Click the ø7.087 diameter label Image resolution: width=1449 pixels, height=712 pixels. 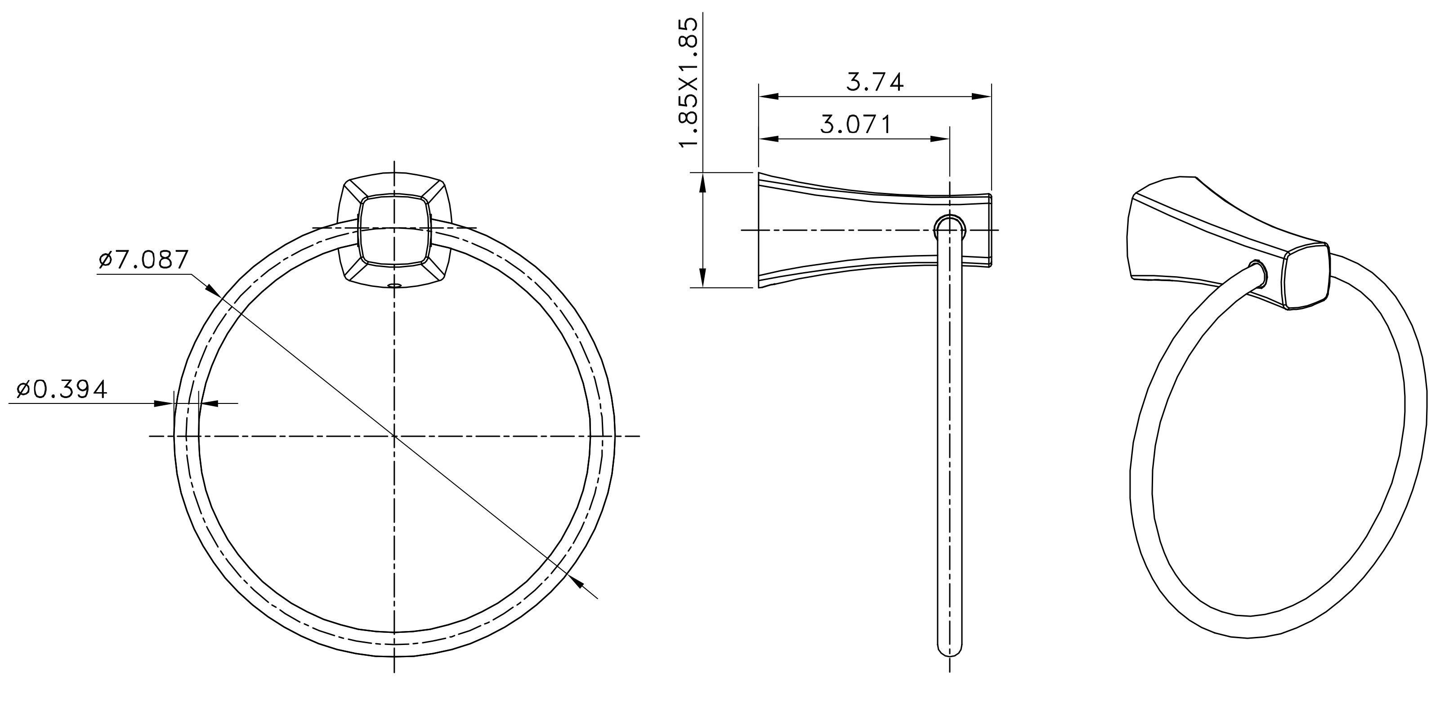point(143,260)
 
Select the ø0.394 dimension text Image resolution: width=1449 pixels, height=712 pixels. point(62,389)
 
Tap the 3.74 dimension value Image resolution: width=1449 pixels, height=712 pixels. point(875,83)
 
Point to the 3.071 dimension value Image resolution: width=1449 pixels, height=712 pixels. point(855,124)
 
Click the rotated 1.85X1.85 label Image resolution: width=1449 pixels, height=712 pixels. point(689,83)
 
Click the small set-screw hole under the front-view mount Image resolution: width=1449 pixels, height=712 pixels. point(394,286)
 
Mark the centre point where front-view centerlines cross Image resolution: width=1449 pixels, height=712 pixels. point(394,436)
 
